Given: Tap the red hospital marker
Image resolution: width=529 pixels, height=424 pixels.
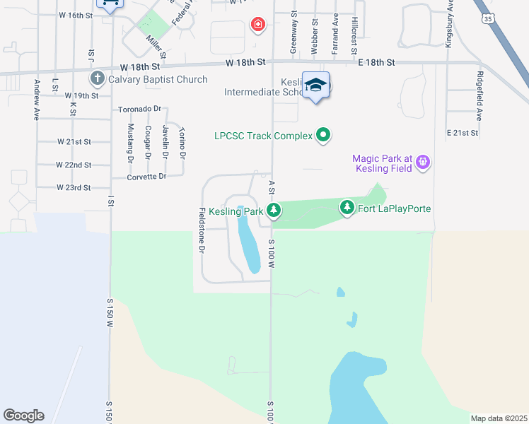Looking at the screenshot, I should tap(258, 25).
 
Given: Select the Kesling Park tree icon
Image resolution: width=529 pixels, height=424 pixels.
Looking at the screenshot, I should tap(274, 210).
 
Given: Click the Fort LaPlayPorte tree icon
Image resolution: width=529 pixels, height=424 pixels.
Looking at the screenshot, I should tap(347, 208).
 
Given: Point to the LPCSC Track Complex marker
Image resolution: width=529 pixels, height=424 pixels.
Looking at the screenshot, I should tap(323, 134).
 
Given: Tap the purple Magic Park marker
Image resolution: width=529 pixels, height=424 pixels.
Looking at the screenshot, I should tap(423, 162).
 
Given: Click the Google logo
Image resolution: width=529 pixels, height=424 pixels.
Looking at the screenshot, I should tap(23, 416).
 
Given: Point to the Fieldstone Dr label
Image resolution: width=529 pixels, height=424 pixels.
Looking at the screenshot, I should tap(202, 230).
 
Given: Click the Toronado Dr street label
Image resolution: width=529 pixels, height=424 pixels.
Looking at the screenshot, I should tap(139, 110).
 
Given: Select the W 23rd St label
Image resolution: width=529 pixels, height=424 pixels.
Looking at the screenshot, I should tap(74, 188).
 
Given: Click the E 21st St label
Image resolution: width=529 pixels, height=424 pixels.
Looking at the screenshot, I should tap(463, 133).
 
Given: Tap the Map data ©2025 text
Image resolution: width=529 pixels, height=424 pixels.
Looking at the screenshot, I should tap(499, 418).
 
